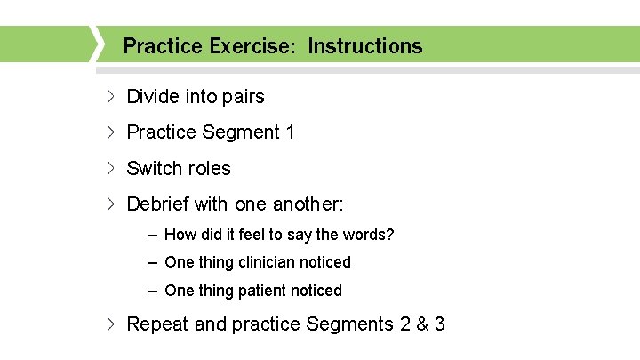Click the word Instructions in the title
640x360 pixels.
pos(365,45)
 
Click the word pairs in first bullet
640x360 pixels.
pos(239,96)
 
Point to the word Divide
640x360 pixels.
pos(155,96)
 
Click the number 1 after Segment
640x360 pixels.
pos(290,132)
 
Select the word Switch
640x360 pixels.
pos(153,168)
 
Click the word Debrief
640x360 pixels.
pos(158,204)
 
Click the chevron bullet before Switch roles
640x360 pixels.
pos(111,168)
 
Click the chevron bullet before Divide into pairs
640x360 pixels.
pos(111,96)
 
